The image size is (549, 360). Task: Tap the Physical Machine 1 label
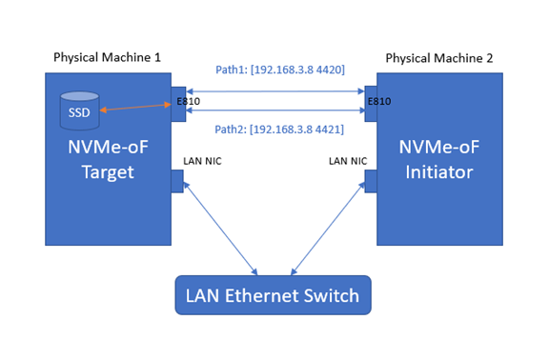pos(106,58)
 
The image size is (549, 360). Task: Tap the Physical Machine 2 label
pos(439,58)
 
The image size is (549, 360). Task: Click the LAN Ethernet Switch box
pos(273,295)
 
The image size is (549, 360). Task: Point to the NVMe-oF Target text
pos(108,160)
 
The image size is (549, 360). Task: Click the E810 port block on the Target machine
pos(178,106)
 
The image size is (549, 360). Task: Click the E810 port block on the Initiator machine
pos(370,106)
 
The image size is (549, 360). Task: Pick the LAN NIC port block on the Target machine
pos(177,180)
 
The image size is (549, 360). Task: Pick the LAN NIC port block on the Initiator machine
pos(370,180)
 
